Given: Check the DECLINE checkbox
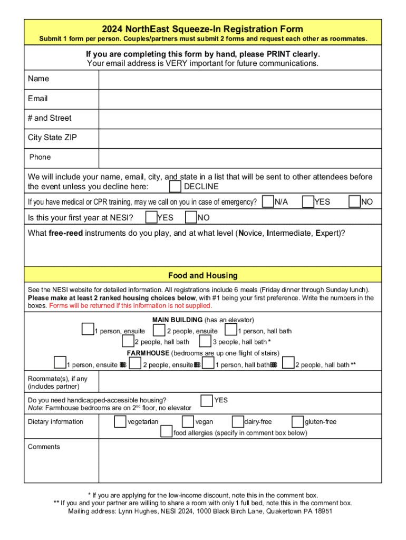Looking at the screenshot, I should pyautogui.click(x=176, y=187).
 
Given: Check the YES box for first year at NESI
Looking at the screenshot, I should pyautogui.click(x=151, y=217).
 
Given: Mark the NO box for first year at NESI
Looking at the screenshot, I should pyautogui.click(x=191, y=217).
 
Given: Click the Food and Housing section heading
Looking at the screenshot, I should pyautogui.click(x=203, y=275).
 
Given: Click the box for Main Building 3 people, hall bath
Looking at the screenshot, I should pyautogui.click(x=205, y=342).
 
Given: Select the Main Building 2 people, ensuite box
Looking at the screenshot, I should pyautogui.click(x=159, y=331).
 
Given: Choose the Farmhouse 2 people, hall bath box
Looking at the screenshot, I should pyautogui.click(x=288, y=363).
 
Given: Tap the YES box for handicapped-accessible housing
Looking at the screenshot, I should pyautogui.click(x=207, y=400).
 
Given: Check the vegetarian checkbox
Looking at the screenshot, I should pyautogui.click(x=120, y=421).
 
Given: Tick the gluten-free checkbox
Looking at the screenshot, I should pyautogui.click(x=297, y=421).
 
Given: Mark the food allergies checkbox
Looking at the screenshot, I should pyautogui.click(x=167, y=432).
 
